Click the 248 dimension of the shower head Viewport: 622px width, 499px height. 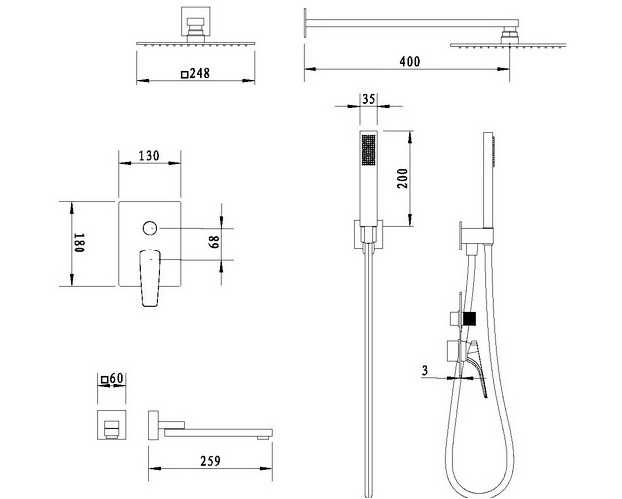coord(199,74)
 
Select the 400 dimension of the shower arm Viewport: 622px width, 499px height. coord(410,62)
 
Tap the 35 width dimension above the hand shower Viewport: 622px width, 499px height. coord(369,99)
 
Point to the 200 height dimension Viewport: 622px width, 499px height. coord(402,178)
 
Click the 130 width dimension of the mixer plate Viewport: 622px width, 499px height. coord(149,155)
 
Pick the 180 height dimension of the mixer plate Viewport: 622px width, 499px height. coord(79,243)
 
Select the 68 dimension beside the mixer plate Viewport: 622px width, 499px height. coord(214,242)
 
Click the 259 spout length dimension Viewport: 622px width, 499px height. coord(210,461)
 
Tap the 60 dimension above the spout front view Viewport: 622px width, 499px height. coord(116,379)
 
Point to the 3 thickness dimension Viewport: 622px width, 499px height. coord(425,371)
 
